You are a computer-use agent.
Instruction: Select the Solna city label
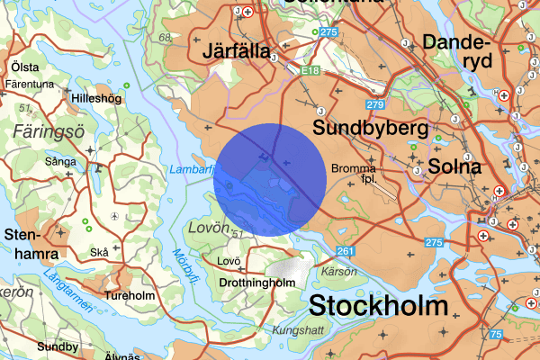click(455, 166)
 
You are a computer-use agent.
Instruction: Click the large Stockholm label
click(377, 305)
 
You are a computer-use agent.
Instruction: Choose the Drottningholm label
click(262, 282)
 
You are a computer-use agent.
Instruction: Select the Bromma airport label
click(352, 172)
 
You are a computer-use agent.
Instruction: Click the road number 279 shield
click(375, 105)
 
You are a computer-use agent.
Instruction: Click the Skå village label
click(99, 253)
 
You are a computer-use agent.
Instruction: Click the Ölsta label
click(24, 67)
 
